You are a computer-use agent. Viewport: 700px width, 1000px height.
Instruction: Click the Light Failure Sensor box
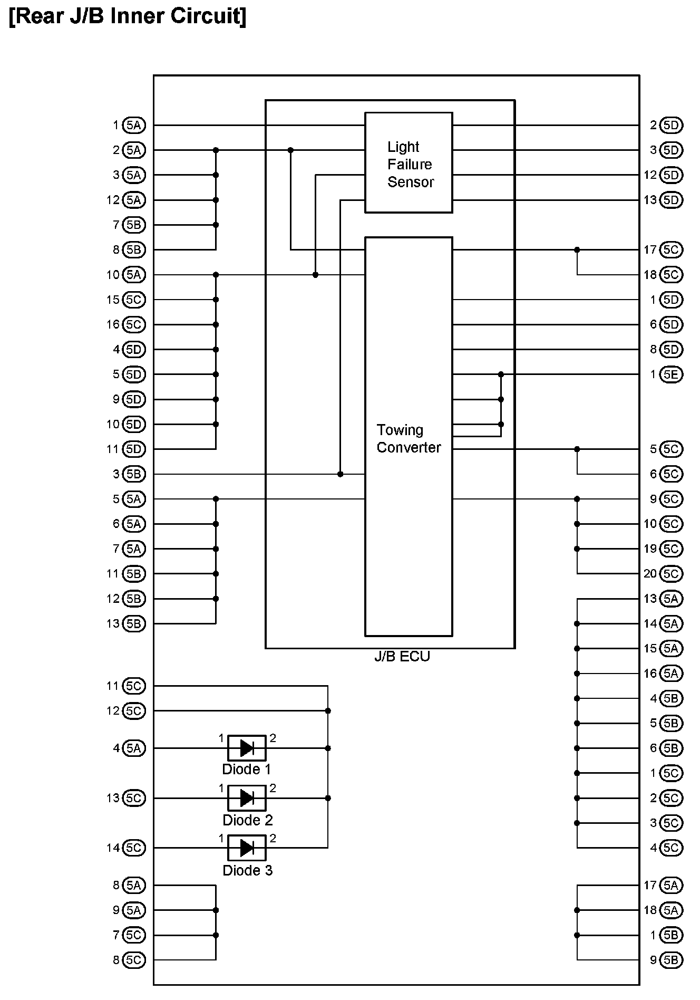point(409,162)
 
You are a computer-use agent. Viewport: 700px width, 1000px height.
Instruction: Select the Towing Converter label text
point(409,439)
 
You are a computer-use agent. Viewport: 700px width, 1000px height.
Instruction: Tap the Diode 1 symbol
point(247,748)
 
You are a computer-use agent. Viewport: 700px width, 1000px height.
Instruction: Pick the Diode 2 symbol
point(247,798)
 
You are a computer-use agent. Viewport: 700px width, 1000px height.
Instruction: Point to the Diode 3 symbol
point(247,848)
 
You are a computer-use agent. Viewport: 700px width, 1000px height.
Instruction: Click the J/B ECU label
point(402,657)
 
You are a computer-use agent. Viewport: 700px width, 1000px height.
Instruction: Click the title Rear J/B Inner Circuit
point(128,16)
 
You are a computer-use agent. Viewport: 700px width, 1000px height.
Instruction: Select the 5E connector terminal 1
point(671,374)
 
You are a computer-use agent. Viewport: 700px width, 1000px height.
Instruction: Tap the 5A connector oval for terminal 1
point(134,126)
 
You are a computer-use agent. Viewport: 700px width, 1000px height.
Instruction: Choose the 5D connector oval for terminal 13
point(671,200)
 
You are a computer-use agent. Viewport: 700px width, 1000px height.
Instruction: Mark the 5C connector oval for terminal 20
point(671,574)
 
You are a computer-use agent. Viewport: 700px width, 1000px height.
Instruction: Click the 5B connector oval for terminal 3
point(134,474)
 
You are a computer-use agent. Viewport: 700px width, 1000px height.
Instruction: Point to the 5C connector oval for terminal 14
point(134,848)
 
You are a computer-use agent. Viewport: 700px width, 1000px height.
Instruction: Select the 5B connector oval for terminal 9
point(671,960)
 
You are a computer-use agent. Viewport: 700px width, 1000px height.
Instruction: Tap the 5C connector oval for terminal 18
point(671,275)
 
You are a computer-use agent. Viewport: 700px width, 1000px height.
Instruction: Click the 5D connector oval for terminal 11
point(134,449)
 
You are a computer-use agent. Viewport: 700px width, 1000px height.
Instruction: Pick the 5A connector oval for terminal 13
point(671,599)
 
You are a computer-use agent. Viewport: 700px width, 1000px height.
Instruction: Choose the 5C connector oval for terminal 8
point(134,960)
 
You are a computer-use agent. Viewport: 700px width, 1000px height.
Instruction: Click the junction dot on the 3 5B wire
point(341,474)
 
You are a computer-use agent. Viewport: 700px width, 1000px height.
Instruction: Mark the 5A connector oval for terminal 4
point(134,748)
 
